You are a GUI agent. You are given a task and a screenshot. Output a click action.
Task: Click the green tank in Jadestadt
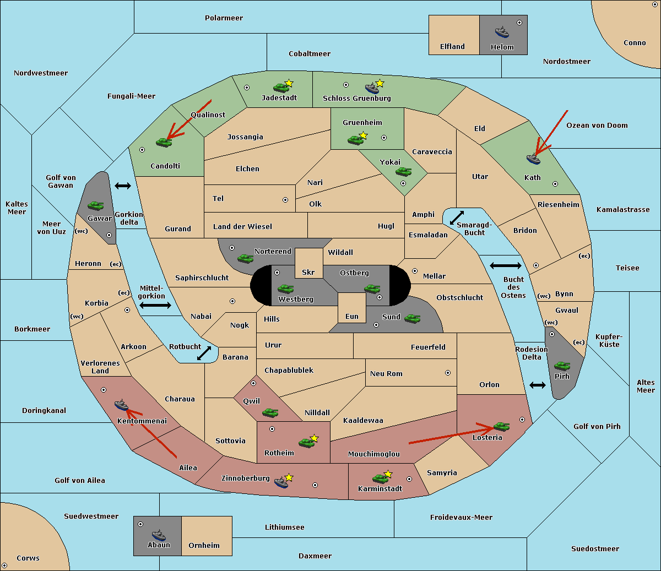point(281,88)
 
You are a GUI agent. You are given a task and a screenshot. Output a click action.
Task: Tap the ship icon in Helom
point(502,32)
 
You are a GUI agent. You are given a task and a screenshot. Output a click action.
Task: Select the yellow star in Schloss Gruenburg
point(380,83)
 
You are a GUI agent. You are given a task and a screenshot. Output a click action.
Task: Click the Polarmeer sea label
point(224,18)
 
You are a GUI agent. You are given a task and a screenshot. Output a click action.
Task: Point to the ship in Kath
point(533,159)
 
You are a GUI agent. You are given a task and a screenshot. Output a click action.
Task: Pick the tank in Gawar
point(96,205)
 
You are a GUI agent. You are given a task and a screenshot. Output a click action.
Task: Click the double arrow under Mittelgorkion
point(155,306)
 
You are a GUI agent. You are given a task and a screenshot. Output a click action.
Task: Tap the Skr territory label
point(308,272)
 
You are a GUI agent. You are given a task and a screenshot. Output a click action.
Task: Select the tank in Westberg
point(285,289)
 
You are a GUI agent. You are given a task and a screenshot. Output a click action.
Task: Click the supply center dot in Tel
point(285,200)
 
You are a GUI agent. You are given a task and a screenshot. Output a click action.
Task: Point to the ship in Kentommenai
point(122,405)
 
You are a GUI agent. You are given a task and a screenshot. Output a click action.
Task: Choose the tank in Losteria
point(501,427)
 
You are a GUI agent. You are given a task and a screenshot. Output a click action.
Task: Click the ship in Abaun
point(159,535)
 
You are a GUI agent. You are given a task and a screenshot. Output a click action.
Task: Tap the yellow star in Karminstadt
point(388,474)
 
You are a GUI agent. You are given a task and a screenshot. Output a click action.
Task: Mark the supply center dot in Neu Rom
point(448,373)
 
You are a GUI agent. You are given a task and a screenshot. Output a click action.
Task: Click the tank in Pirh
point(562,366)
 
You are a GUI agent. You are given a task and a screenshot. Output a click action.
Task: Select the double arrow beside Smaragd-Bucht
point(457,217)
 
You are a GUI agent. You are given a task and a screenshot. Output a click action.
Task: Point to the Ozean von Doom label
point(597,126)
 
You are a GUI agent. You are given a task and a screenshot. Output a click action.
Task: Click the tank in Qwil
point(270,412)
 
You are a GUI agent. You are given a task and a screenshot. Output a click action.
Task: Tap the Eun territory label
point(352,316)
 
